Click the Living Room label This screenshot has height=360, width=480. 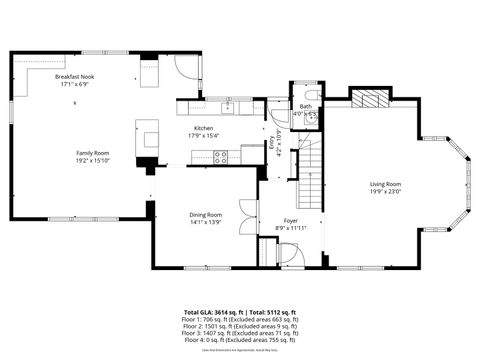(x=385, y=184)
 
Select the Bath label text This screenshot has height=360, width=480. (x=305, y=106)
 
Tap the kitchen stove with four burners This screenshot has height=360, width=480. (x=221, y=156)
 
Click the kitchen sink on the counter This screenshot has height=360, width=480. (x=228, y=103)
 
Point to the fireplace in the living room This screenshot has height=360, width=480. (x=369, y=98)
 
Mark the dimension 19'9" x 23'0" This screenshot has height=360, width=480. (x=385, y=191)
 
